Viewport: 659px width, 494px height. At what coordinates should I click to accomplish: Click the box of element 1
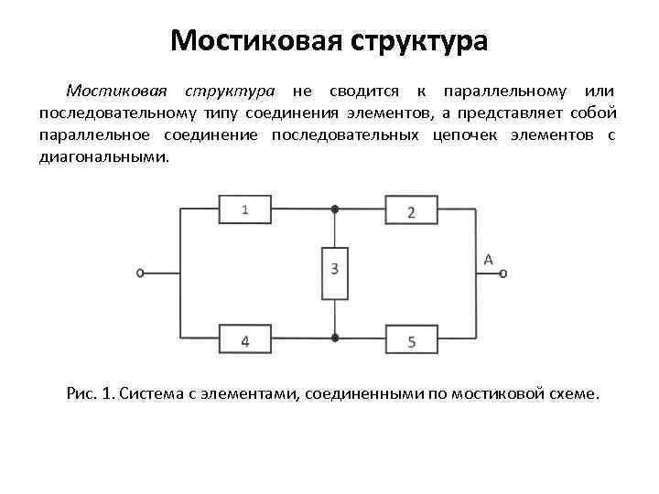coord(244,209)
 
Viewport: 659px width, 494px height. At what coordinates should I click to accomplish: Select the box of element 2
coord(411,211)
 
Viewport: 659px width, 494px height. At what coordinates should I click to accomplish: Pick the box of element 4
coord(244,340)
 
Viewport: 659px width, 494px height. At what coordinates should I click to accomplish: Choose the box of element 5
coord(411,341)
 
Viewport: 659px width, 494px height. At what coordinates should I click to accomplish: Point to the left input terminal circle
coord(140,273)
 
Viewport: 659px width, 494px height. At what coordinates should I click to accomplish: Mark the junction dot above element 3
coord(336,209)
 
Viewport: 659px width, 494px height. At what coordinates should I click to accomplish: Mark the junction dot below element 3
coord(336,338)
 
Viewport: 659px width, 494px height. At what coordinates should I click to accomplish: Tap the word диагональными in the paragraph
coord(103,156)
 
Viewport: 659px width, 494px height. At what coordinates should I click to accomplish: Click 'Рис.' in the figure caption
coord(81,394)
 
